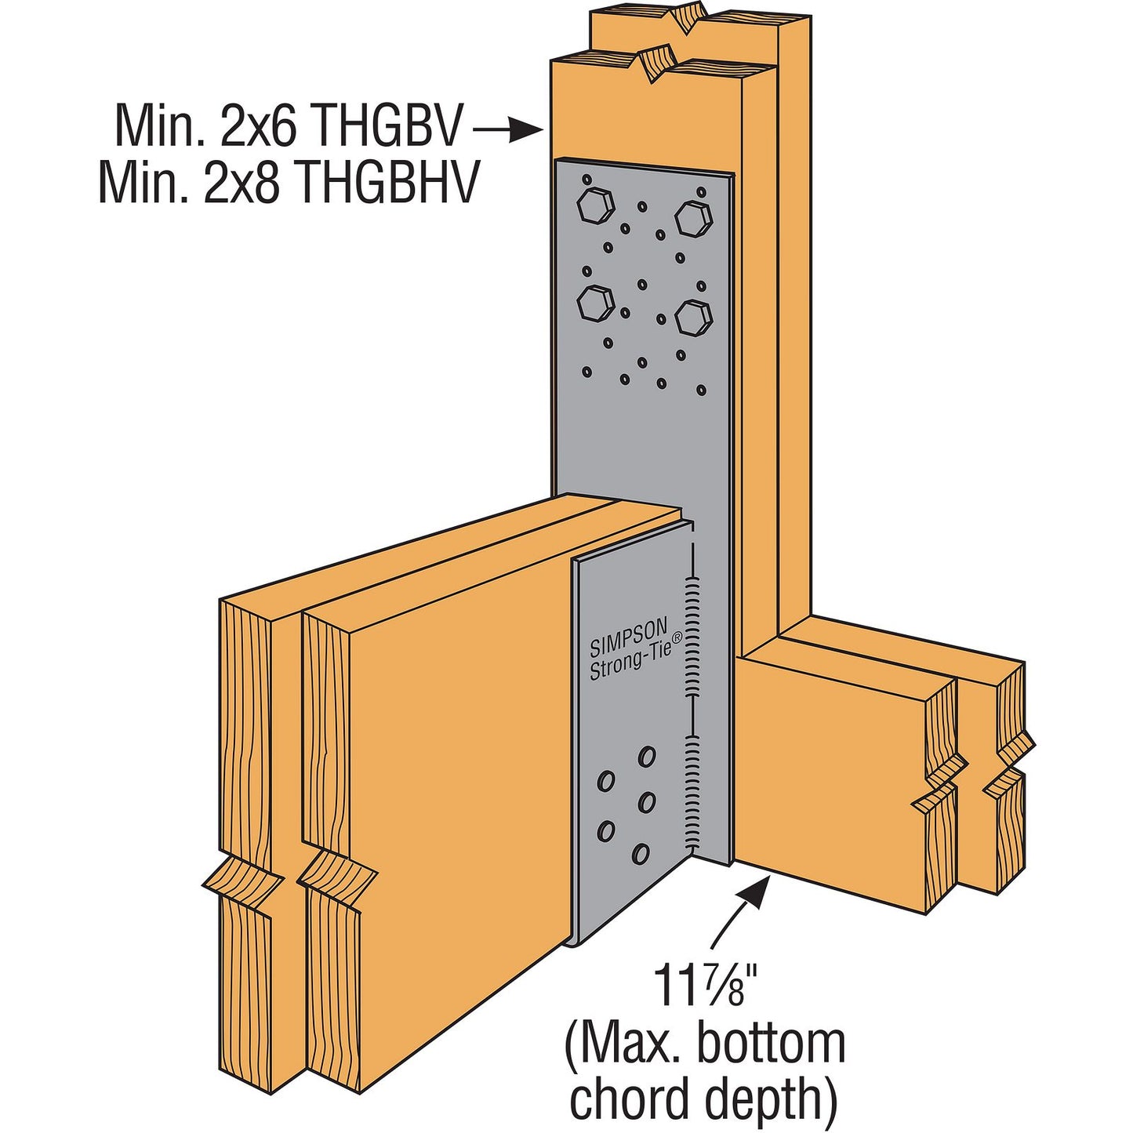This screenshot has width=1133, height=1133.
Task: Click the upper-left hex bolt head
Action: (x=596, y=207)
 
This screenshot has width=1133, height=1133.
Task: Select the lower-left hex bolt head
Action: (x=596, y=304)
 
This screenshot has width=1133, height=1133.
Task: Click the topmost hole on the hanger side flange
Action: (x=647, y=757)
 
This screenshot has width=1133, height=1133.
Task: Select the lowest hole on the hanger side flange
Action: (x=641, y=853)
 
